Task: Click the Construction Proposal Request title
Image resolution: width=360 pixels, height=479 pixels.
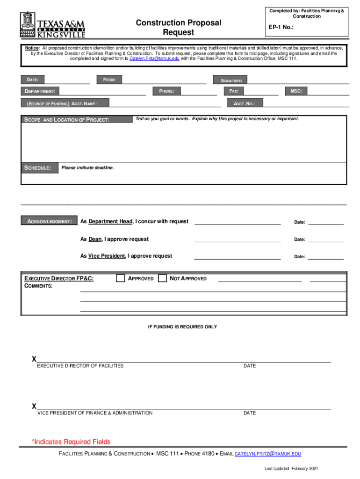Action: coord(178,28)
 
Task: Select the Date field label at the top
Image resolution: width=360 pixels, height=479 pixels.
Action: coord(32,80)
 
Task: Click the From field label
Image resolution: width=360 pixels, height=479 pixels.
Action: coord(109,80)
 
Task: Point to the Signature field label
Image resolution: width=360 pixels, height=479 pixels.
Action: coord(231,81)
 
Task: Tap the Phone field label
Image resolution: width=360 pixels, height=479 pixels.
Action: coord(166,91)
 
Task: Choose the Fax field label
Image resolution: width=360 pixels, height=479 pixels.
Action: coord(234,91)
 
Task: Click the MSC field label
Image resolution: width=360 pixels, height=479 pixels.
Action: coord(296,91)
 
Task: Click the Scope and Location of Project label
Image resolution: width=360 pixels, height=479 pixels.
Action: coord(66,120)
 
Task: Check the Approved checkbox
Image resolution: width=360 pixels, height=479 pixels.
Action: coord(121,278)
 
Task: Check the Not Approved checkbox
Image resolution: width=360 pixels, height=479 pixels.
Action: coord(162,278)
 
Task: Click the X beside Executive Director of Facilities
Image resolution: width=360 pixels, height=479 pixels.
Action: coord(34,359)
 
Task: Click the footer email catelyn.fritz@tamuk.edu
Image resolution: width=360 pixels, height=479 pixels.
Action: coord(267,454)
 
